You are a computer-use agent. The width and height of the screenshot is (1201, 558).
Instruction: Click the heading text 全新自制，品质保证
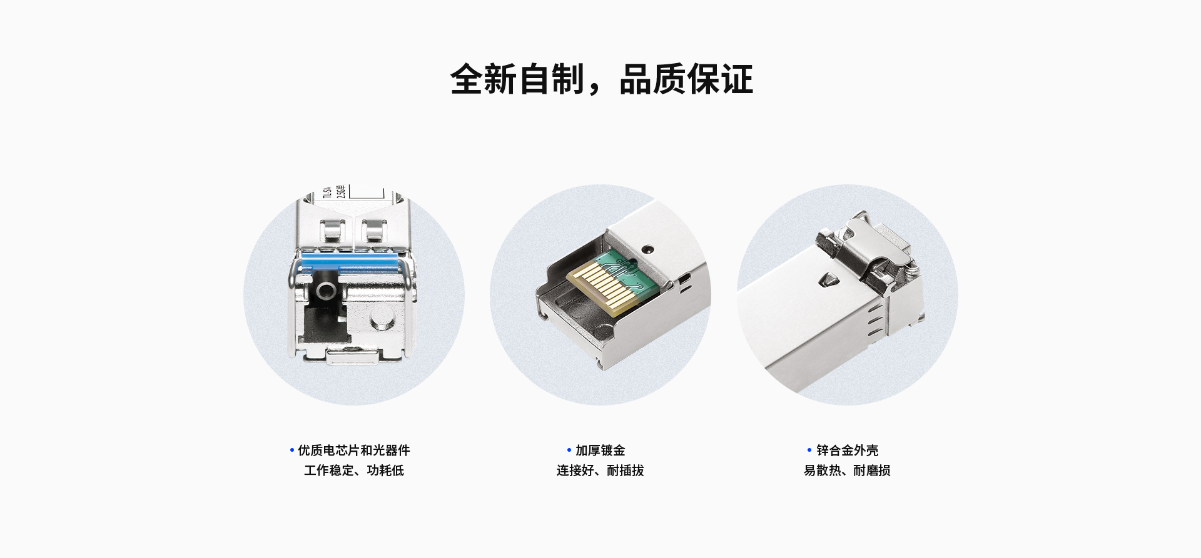coord(601,79)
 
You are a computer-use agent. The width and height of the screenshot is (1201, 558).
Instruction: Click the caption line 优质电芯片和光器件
coord(354,450)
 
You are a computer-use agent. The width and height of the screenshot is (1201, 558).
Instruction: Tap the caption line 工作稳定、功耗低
coord(354,470)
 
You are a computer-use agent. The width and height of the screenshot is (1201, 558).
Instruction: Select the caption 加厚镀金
coord(600,450)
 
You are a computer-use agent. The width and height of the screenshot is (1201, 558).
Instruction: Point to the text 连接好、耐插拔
coord(600,470)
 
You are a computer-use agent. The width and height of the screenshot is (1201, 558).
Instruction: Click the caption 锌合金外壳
coord(848,450)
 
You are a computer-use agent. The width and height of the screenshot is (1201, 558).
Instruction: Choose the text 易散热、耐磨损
coord(847,470)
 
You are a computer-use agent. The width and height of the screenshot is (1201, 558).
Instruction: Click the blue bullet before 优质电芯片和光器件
coord(291,450)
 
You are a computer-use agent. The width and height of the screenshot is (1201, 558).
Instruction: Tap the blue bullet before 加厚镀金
coord(569,450)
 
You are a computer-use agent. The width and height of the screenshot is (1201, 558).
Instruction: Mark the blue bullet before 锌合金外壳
coord(809,450)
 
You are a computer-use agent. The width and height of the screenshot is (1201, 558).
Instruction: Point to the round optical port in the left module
coord(326,290)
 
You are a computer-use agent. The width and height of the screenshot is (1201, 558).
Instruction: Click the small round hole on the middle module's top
coord(648,249)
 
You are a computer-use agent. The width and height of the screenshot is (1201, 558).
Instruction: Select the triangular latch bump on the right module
coord(828,280)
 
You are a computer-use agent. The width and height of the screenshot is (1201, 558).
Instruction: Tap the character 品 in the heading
coord(635,79)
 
